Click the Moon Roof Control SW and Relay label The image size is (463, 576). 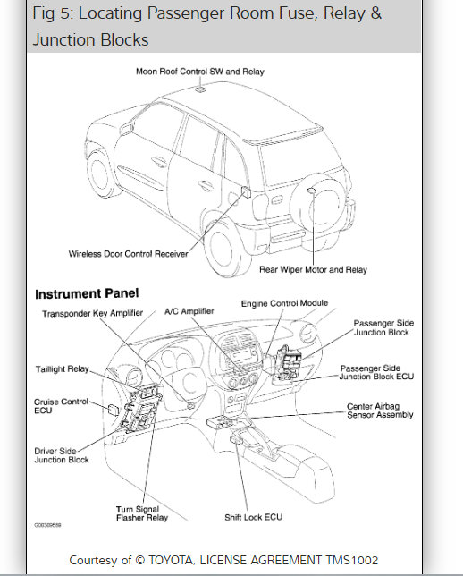(200, 72)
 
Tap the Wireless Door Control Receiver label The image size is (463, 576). (128, 254)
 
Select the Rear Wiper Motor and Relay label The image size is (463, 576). (313, 269)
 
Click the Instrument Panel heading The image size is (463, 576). (87, 293)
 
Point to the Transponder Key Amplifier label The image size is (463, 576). (93, 313)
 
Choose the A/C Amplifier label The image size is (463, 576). (189, 311)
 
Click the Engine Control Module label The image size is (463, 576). (284, 303)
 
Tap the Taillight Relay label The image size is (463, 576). (63, 368)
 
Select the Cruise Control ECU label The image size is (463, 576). (61, 406)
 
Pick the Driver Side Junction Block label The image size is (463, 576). (62, 455)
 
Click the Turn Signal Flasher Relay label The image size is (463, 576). (142, 513)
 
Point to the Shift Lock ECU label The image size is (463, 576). (253, 517)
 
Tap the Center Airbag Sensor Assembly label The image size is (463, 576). (380, 411)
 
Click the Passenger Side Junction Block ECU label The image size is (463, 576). (376, 372)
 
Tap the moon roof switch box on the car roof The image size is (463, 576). (200, 89)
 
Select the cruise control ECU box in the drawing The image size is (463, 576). (113, 410)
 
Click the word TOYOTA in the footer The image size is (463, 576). (171, 560)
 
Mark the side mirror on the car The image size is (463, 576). (126, 129)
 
